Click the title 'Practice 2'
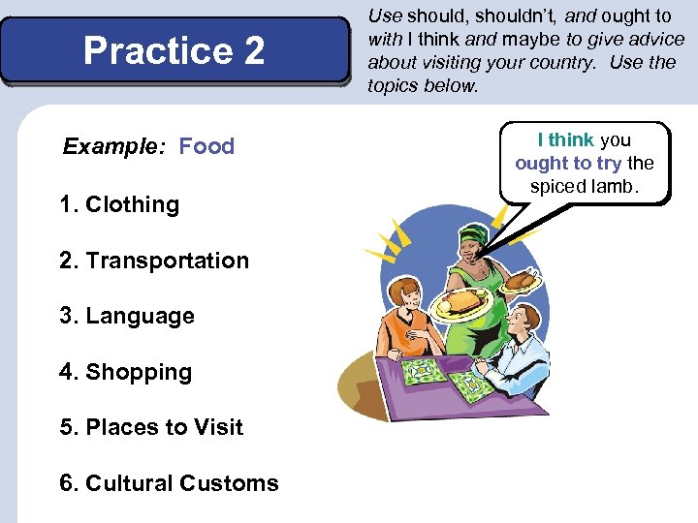coord(174,50)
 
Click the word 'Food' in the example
coord(206,146)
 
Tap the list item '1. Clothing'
coord(119,204)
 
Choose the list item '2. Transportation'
coord(154,261)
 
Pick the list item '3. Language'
coord(127,316)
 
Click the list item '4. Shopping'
coord(126,372)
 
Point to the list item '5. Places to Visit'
coord(151,427)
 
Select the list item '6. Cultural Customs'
coord(169,483)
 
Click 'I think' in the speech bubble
coord(566,140)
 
